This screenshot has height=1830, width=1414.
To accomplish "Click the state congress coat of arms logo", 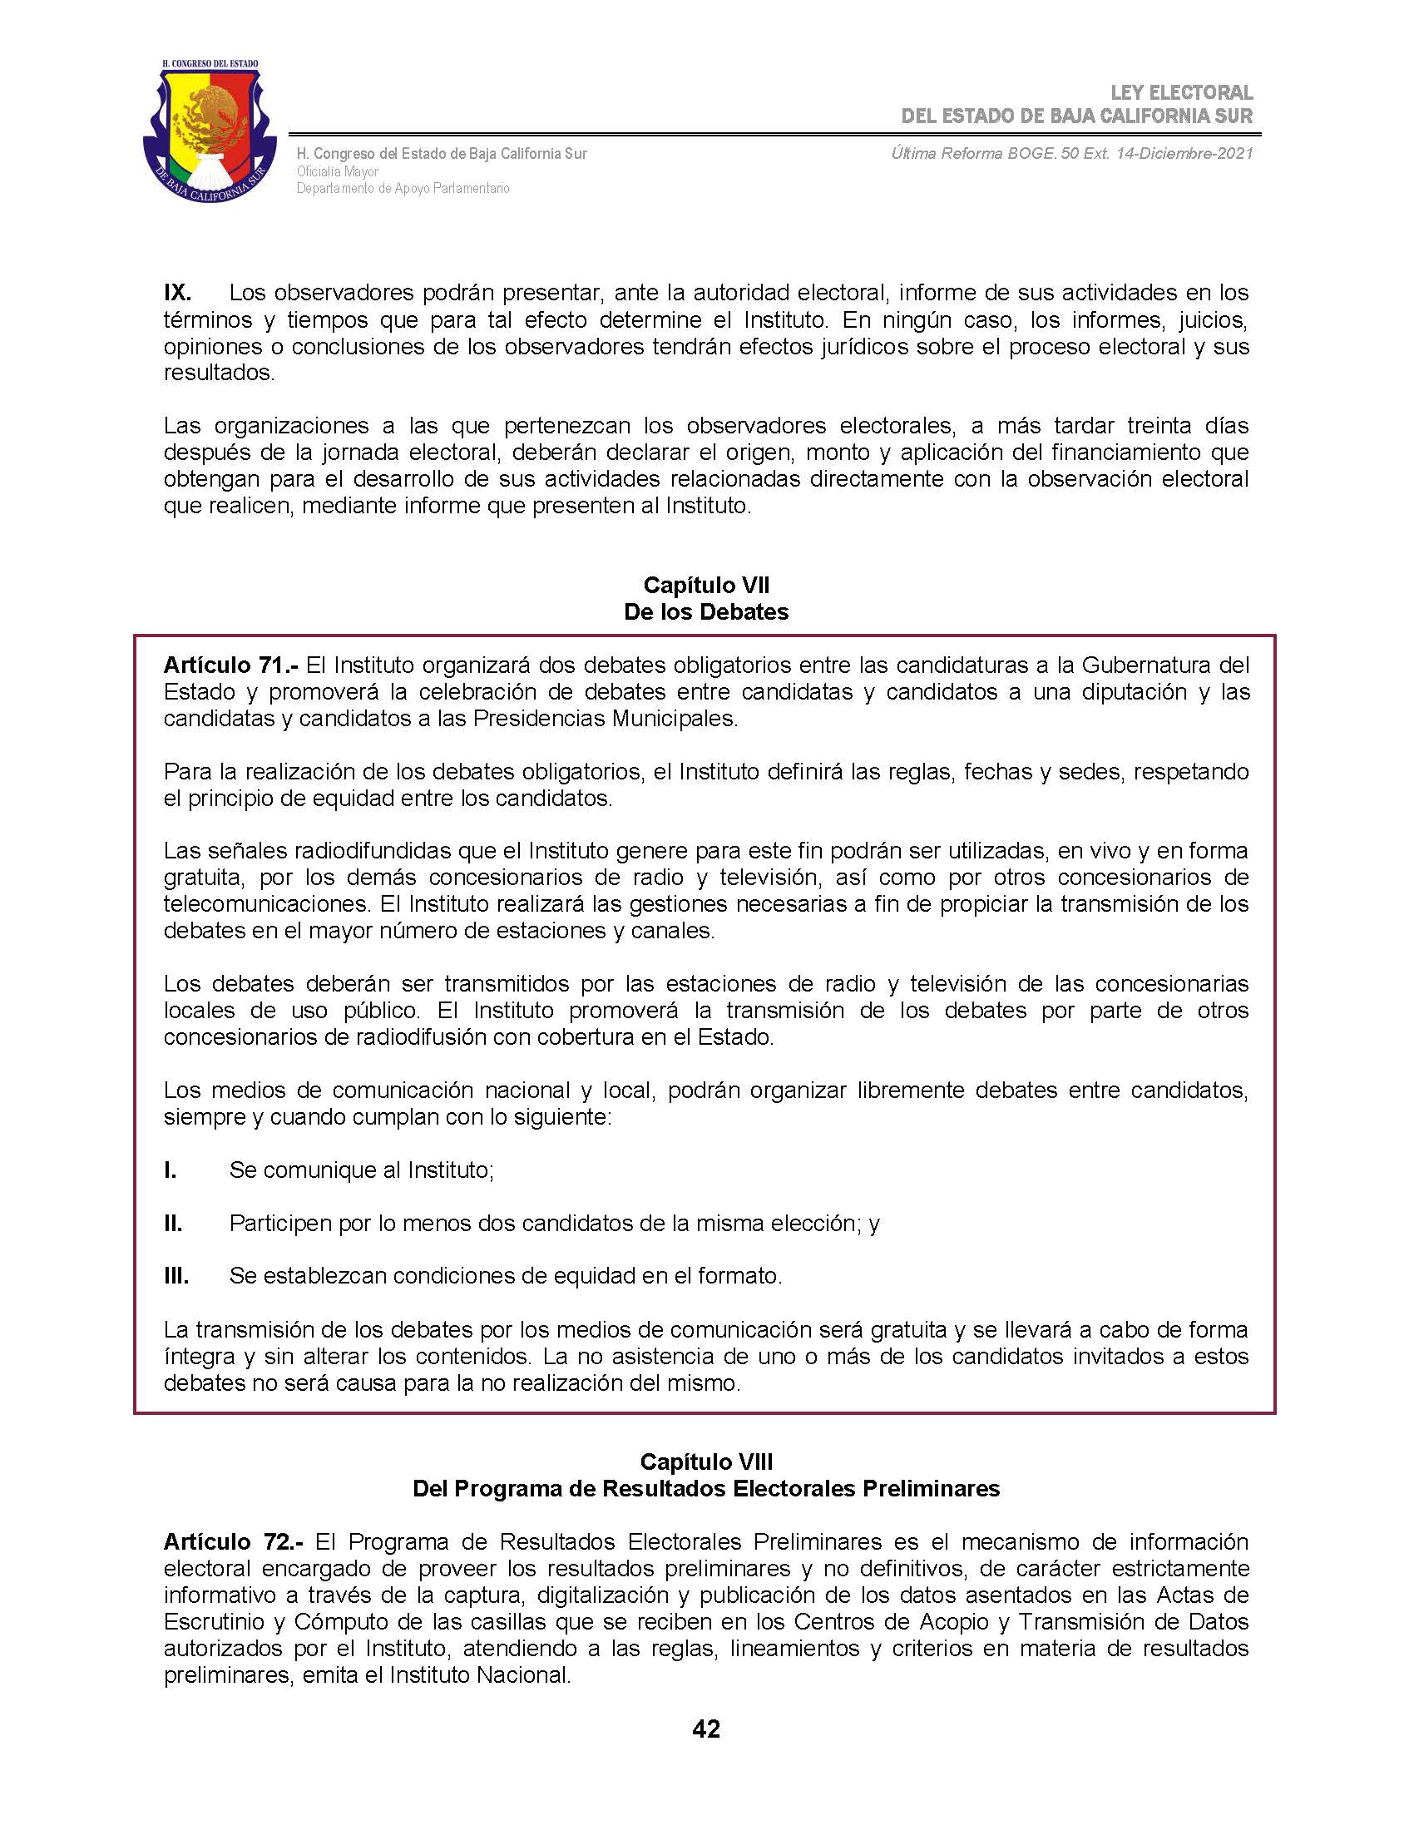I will (210, 132).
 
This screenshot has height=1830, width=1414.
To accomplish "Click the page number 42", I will (706, 1729).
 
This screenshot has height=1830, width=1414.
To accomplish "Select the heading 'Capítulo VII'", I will (706, 585).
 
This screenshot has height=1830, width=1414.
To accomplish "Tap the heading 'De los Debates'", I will (706, 611).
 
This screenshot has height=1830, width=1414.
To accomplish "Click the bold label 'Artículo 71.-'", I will (230, 665).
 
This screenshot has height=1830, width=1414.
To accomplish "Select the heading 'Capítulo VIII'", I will (706, 1462).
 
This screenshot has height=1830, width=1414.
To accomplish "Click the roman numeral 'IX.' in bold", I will (178, 293).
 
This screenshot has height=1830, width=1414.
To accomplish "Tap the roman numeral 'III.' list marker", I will (176, 1276).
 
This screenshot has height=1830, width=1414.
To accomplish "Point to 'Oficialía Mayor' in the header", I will (338, 172).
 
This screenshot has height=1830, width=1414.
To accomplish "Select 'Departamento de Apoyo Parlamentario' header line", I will (403, 189).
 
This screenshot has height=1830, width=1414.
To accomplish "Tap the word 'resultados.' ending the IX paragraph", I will (220, 373).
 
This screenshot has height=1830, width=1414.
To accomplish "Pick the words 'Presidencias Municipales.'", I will (606, 719).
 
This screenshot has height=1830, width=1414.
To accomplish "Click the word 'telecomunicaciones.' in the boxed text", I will (268, 904).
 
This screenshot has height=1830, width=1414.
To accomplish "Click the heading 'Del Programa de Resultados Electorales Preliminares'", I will (706, 1489).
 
